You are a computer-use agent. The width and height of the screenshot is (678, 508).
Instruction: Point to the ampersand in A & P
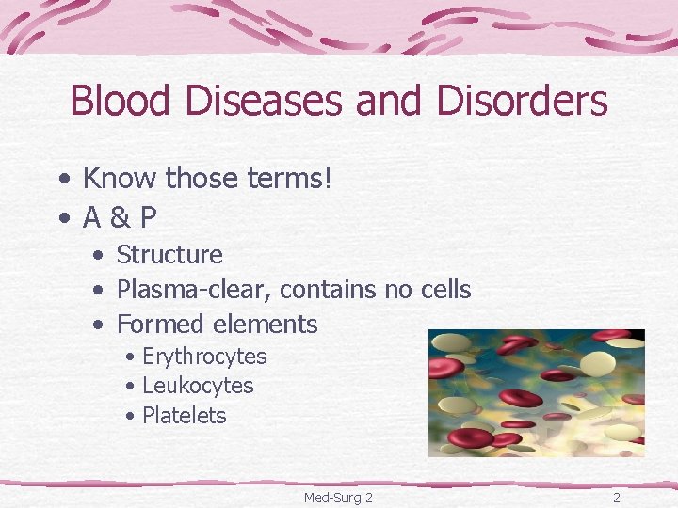pos(121,218)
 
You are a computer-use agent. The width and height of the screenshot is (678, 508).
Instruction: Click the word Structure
pos(169,255)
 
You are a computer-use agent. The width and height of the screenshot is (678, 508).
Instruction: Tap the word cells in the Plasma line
pos(444,290)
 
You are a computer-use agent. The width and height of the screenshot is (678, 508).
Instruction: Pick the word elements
pos(266,325)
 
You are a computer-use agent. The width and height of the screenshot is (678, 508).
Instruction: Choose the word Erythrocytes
pos(204,357)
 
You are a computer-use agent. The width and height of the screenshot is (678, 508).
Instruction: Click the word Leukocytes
pos(198,386)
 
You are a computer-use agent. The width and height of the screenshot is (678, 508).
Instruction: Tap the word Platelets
pos(185,416)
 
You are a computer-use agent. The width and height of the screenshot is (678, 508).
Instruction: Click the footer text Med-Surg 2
pos(338,497)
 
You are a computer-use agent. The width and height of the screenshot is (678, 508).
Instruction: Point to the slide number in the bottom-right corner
pos(617,497)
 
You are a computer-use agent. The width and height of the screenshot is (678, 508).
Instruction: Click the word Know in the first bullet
pos(120,177)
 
